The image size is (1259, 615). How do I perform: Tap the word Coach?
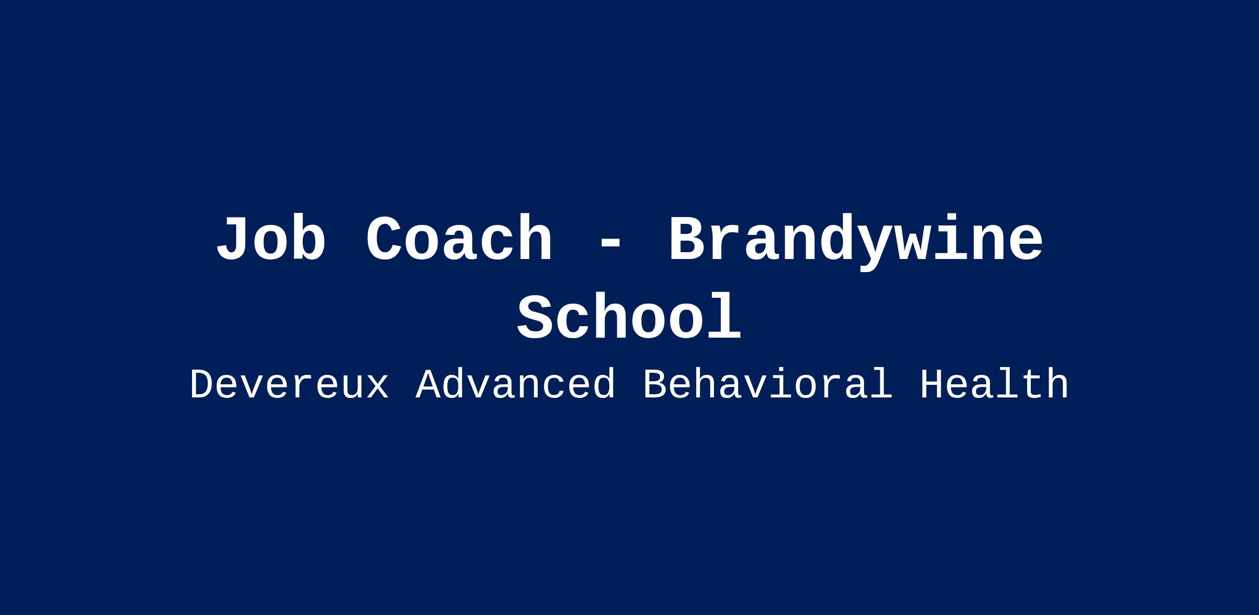click(x=459, y=239)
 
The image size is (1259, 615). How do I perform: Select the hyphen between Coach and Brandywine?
click(x=610, y=244)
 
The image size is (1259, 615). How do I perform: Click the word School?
click(x=629, y=317)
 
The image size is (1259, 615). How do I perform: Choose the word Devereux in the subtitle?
click(x=289, y=385)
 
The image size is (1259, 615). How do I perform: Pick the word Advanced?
click(x=515, y=385)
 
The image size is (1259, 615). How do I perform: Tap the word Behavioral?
click(x=767, y=385)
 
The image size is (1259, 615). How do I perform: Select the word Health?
click(x=994, y=385)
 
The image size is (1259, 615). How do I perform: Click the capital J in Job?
click(x=234, y=239)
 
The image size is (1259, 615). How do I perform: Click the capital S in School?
click(x=536, y=317)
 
